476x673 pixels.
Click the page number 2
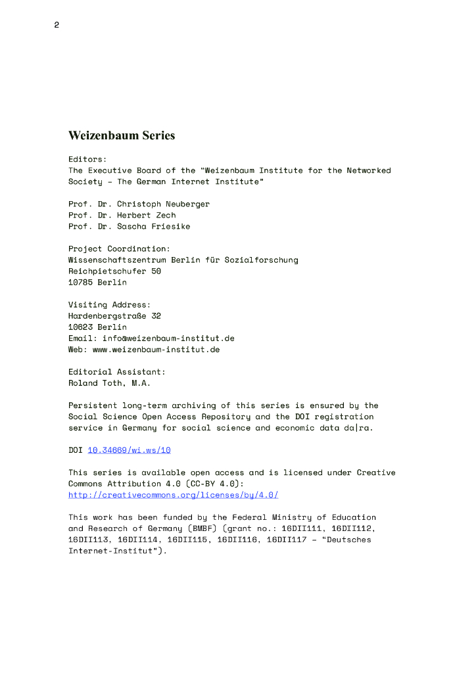[57, 26]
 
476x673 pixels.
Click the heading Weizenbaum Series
[122, 136]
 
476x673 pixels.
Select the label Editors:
[87, 159]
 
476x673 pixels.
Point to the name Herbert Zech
[147, 215]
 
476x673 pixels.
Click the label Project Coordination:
[119, 248]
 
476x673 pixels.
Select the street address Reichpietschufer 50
[114, 271]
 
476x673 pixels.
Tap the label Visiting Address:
[109, 305]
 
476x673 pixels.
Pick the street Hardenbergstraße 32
[114, 315]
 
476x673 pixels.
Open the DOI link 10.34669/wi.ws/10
[129, 450]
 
